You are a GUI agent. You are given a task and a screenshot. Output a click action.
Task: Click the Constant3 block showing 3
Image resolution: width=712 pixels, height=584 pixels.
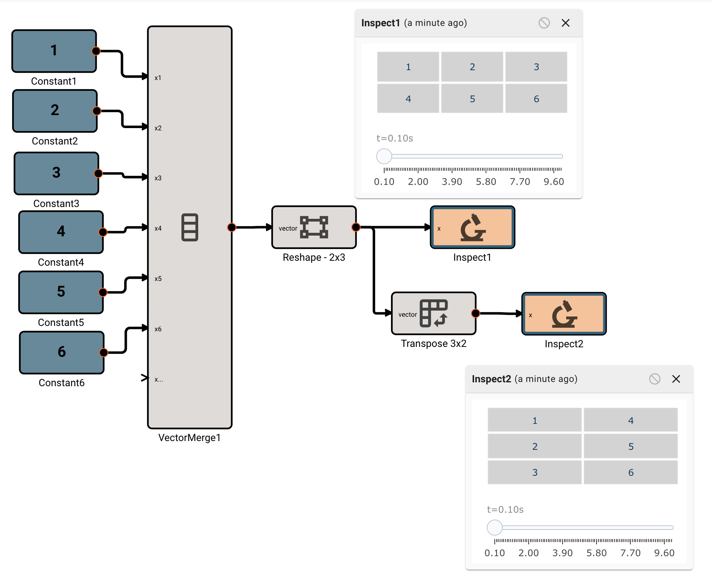56,173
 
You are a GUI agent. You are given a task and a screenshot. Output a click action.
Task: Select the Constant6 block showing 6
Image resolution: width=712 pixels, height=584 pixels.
62,352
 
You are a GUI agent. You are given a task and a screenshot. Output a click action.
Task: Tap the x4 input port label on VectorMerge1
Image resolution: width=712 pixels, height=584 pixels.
158,228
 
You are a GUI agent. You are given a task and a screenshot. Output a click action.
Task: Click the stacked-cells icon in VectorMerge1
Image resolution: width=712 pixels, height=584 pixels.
189,227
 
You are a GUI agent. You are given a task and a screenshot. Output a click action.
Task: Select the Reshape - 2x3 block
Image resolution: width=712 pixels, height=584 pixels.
314,227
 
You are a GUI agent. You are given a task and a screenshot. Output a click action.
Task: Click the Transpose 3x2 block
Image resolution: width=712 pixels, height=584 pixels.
433,313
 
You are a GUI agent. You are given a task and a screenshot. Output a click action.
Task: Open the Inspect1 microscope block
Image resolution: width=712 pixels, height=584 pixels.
472,228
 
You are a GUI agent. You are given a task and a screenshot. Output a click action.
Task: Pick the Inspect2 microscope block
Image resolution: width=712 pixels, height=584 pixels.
564,314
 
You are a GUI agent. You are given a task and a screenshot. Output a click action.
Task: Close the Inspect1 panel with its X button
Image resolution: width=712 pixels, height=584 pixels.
566,23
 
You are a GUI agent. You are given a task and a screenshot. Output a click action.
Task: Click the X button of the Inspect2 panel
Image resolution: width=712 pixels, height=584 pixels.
676,379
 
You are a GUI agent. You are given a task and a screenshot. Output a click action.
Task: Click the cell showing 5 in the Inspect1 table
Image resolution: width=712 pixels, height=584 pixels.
472,99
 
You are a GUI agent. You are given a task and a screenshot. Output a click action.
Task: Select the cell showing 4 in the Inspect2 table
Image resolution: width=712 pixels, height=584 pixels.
630,420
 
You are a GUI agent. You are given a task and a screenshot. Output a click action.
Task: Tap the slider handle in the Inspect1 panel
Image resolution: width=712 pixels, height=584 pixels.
384,156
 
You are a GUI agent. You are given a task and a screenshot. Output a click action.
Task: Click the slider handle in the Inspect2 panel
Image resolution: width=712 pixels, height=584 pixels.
495,528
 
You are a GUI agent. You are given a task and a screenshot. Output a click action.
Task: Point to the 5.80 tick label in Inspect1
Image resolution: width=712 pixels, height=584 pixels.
486,181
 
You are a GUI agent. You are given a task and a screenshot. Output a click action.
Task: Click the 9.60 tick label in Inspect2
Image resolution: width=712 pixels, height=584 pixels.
664,553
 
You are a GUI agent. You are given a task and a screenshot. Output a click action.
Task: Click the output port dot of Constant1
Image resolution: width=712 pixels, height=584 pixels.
96,51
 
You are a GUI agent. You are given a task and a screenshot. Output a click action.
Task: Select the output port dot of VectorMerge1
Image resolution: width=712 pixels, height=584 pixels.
231,228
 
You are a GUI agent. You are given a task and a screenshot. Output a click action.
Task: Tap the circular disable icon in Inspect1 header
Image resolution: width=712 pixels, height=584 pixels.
544,23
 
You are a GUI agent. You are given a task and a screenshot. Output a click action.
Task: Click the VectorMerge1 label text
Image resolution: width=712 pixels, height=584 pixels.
189,438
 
